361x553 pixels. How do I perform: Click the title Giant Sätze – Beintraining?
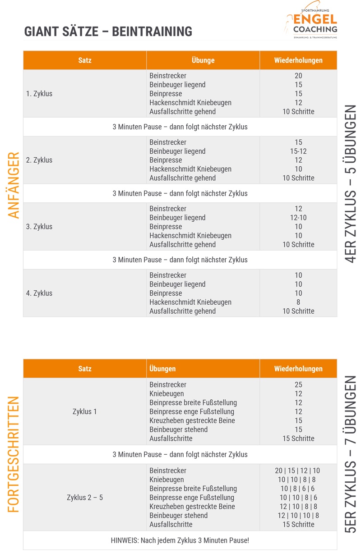coord(108,32)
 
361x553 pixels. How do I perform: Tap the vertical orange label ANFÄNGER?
coord(14,185)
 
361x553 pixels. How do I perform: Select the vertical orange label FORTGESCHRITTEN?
coord(14,454)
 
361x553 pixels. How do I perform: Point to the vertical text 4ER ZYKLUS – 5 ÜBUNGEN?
coord(351,183)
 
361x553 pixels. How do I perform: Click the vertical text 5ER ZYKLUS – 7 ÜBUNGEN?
coord(351,455)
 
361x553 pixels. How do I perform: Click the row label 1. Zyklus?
coord(39,94)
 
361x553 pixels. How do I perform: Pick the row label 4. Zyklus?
coord(39,293)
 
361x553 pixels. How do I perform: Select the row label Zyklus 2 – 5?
coord(85,498)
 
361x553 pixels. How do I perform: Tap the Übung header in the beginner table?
coord(203,60)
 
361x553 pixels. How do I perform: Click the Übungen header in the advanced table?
coord(162,369)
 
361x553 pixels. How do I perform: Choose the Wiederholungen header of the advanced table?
coord(298,369)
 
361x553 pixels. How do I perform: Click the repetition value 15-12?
coord(298,151)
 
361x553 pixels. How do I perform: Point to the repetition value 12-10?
coord(298,218)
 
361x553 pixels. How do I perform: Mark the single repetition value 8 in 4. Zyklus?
coord(298,302)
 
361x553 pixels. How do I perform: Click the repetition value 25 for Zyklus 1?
coord(298,385)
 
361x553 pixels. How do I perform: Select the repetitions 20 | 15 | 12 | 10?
coord(298,471)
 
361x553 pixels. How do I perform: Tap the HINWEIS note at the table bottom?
coord(180,540)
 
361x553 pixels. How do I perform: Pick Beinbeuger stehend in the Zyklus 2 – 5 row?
coord(178,516)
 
